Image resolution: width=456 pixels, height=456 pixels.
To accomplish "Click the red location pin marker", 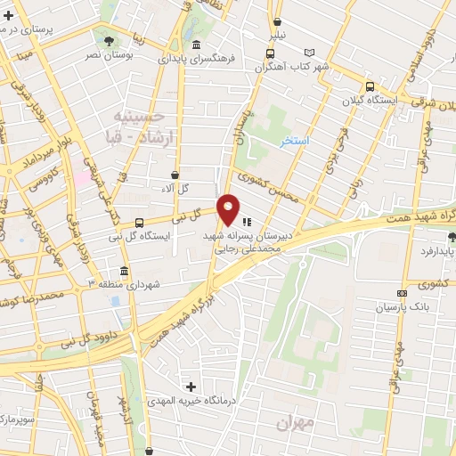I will pyautogui.click(x=229, y=209).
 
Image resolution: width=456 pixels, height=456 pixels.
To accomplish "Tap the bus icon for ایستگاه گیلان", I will pyautogui.click(x=369, y=86).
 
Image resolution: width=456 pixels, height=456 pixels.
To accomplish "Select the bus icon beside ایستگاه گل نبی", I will pyautogui.click(x=138, y=222).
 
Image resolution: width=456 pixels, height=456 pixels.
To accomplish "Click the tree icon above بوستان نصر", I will pyautogui.click(x=109, y=41).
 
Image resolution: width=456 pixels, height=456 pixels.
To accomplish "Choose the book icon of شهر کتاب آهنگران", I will pyautogui.click(x=309, y=53).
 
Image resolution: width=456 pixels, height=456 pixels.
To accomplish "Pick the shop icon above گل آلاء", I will pyautogui.click(x=174, y=175).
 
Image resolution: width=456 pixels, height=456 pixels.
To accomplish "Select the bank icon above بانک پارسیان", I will pyautogui.click(x=403, y=293).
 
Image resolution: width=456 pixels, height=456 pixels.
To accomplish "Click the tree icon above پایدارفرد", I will pyautogui.click(x=451, y=237).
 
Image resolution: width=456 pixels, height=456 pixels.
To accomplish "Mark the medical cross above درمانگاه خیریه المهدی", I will pyautogui.click(x=191, y=387).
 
